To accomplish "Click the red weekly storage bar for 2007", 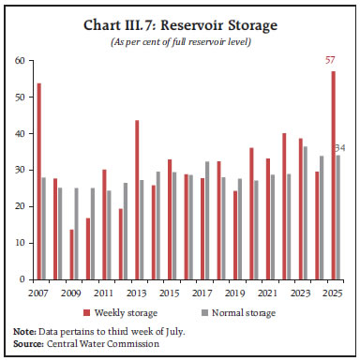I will coord(38,181).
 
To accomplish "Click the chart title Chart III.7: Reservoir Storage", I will coord(181,23).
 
